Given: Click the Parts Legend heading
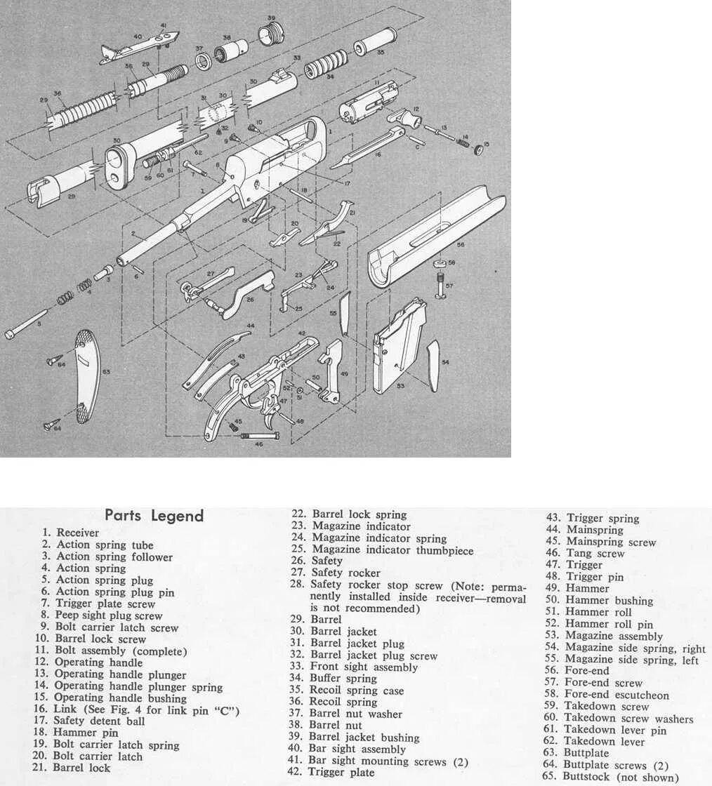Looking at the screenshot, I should (x=154, y=516).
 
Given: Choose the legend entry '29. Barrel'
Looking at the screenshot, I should (x=326, y=620).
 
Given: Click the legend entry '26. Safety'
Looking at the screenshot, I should (x=327, y=561).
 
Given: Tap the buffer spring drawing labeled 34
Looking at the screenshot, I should (x=325, y=65).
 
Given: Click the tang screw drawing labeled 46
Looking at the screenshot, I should (x=261, y=436).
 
